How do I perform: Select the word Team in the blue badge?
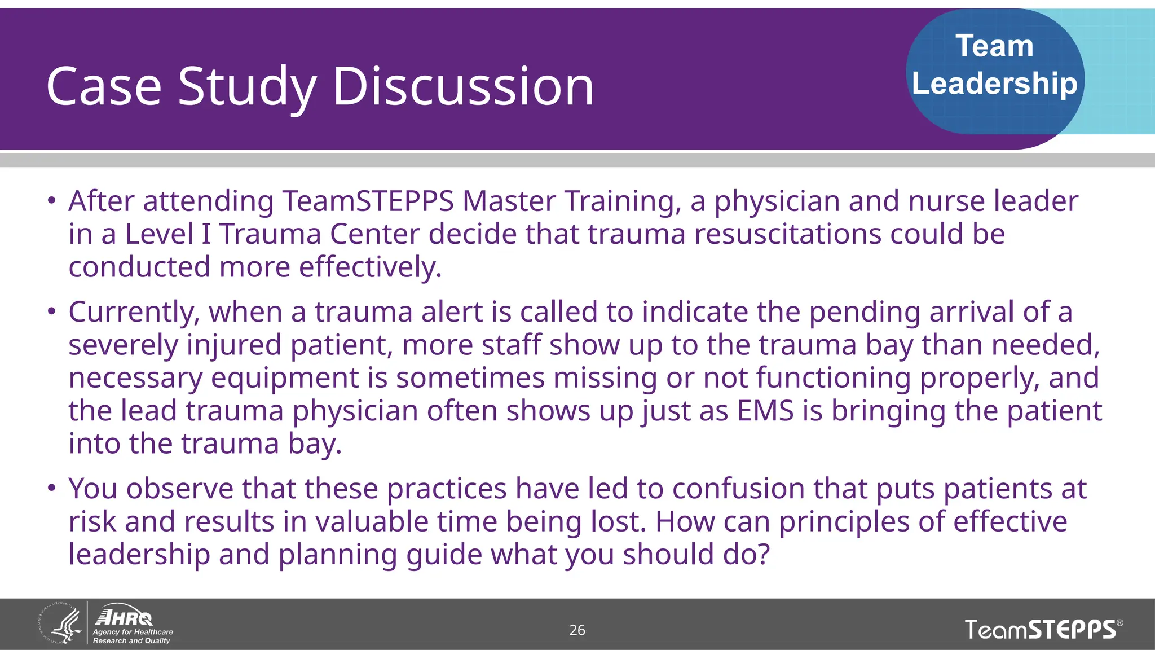point(994,46)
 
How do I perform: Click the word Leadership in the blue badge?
point(994,84)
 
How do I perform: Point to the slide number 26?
point(577,630)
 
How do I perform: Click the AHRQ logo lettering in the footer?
point(124,617)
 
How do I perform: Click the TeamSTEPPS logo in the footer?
point(1043,629)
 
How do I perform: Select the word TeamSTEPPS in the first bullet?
point(368,201)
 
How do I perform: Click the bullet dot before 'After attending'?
point(51,200)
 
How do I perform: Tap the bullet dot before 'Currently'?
point(51,311)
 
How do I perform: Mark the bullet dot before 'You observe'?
point(51,488)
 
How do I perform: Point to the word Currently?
point(134,312)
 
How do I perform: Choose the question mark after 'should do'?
point(763,554)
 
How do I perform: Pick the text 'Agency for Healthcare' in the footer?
point(133,632)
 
